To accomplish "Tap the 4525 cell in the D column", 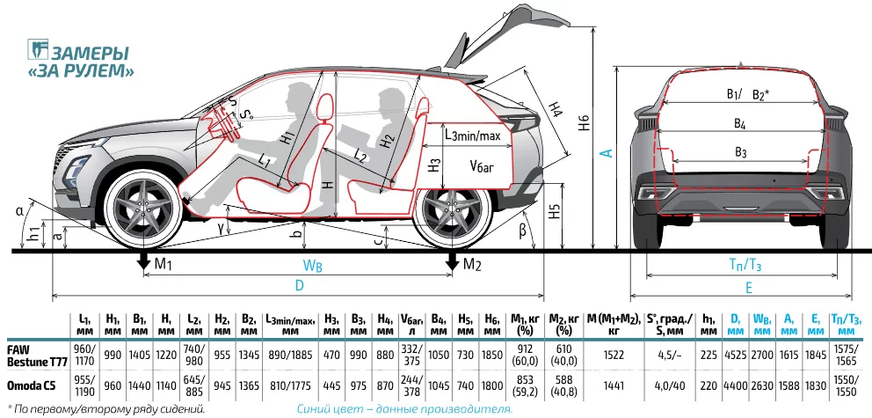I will [x=736, y=354].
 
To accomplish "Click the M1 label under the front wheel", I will [x=163, y=265].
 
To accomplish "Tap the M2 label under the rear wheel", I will [x=473, y=265].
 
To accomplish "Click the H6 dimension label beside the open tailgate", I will [x=585, y=124].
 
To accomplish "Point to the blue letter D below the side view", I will [x=298, y=286].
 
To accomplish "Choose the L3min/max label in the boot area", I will [x=472, y=136].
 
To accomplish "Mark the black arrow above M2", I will [x=452, y=261].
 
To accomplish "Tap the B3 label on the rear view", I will [x=740, y=151].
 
